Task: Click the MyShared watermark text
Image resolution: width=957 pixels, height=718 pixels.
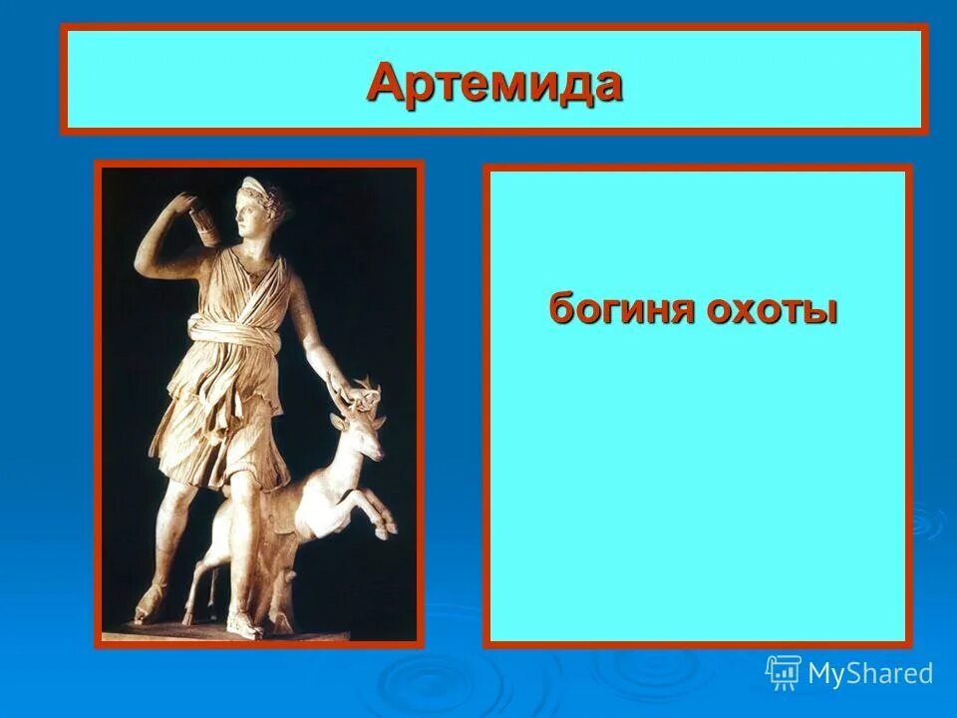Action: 869,673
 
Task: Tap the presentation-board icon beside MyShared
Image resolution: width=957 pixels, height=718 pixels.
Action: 784,673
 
